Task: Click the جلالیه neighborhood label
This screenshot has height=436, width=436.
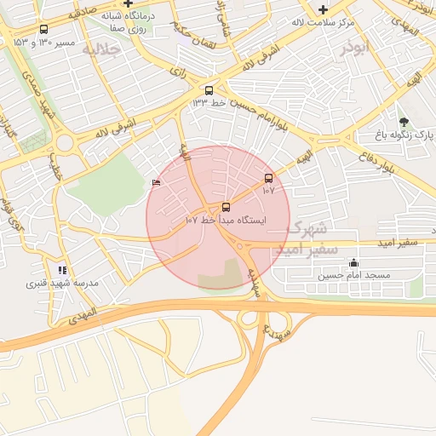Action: coord(99,50)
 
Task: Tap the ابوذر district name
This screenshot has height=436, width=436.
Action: coord(359,49)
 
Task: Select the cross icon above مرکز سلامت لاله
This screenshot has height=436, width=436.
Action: coord(323,10)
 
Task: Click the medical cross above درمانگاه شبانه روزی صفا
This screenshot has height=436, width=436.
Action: coord(128,4)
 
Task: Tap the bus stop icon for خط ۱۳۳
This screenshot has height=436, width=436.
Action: coord(209,89)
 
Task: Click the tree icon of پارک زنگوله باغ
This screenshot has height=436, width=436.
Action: coord(404,121)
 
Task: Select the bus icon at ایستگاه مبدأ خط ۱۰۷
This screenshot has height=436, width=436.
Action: coord(226,207)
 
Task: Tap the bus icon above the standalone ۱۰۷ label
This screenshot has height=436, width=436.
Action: coord(269,178)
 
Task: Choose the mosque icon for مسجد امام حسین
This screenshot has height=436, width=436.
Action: coord(354,262)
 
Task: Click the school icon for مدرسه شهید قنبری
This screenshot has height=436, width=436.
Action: coord(61,269)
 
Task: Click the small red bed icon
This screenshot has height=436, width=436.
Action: coord(155,182)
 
